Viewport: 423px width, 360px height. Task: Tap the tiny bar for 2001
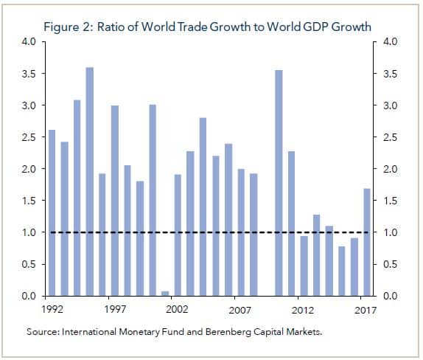(x=164, y=293)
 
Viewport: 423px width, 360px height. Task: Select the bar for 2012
(x=304, y=266)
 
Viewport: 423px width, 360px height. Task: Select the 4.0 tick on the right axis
(x=390, y=42)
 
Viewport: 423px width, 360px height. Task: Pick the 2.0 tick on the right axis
(x=390, y=169)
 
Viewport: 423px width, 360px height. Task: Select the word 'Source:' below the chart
(x=42, y=333)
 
